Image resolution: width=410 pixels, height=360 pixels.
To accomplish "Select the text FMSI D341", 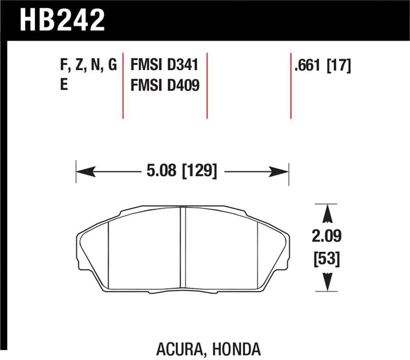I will pyautogui.click(x=165, y=66).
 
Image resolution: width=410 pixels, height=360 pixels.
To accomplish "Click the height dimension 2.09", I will pyautogui.click(x=327, y=236).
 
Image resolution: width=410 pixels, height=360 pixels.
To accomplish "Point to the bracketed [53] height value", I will pyautogui.click(x=327, y=259).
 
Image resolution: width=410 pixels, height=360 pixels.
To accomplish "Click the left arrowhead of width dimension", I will pyautogui.click(x=82, y=171).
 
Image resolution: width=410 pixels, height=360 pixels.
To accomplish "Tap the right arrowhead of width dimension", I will pyautogui.click(x=283, y=171).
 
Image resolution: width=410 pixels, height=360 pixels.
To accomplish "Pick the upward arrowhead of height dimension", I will pyautogui.click(x=327, y=210).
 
